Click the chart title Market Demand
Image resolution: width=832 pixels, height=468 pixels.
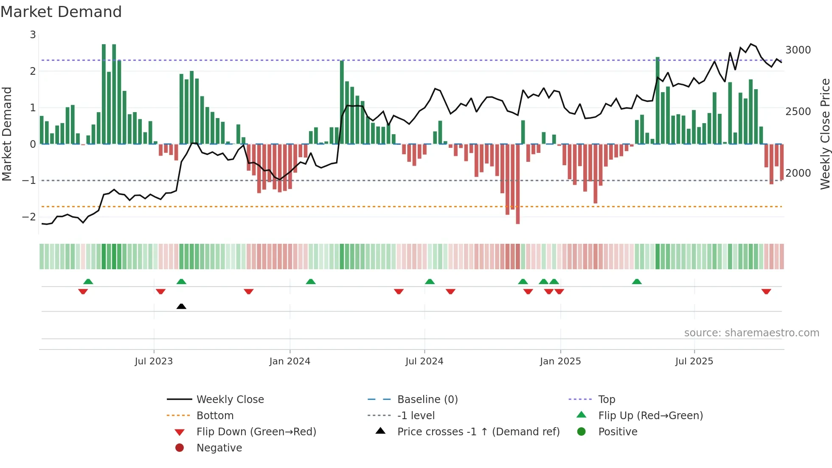click(61, 12)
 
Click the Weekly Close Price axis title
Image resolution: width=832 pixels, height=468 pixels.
click(825, 134)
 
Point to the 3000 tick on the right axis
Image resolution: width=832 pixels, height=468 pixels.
click(798, 50)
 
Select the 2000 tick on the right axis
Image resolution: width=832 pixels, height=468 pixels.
click(798, 173)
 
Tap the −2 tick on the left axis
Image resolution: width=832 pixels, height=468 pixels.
click(29, 217)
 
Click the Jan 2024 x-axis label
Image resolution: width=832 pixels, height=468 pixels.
click(290, 361)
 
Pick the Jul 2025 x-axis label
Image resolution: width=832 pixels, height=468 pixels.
click(694, 361)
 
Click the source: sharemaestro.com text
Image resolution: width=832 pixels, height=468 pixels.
click(751, 333)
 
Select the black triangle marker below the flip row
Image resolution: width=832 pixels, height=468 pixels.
click(181, 306)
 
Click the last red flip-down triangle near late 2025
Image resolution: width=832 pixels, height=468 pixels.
click(766, 291)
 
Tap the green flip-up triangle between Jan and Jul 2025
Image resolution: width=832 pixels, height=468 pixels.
click(636, 282)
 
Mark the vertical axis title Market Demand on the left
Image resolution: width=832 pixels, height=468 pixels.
click(7, 134)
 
